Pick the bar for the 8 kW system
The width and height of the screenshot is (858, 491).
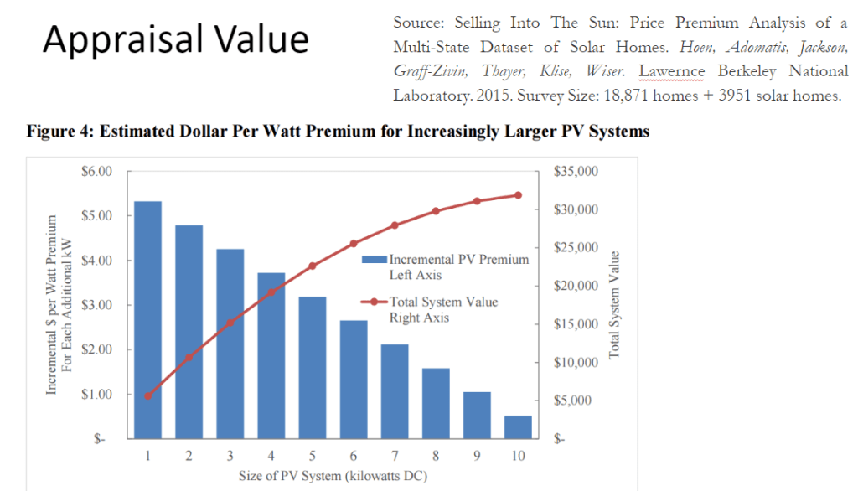436,403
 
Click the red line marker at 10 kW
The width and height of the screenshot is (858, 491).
518,194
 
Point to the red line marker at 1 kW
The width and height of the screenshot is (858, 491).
147,395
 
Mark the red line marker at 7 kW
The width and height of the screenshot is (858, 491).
395,225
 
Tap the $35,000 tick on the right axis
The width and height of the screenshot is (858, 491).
577,172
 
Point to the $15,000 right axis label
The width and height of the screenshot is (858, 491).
577,324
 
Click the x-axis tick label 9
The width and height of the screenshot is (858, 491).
477,457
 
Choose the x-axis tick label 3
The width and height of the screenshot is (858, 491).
230,457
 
